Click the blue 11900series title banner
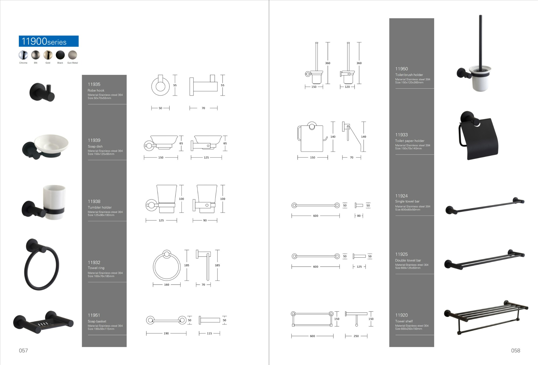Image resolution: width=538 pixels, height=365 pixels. (x=49, y=41)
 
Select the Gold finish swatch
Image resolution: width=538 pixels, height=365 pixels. (x=48, y=55)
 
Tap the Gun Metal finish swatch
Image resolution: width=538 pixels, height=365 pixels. (x=72, y=55)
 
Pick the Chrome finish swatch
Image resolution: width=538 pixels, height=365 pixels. (x=23, y=55)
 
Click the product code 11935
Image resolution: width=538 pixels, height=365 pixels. (x=94, y=84)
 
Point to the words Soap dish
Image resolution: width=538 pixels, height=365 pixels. (x=95, y=146)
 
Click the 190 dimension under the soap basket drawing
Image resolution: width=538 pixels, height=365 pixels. (x=166, y=333)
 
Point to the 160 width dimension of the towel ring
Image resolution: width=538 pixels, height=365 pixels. (x=167, y=285)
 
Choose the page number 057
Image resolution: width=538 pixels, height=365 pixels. (x=23, y=350)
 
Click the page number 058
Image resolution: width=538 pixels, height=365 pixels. (x=515, y=350)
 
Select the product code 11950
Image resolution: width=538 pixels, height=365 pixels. (x=401, y=69)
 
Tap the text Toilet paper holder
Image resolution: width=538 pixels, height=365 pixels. (x=410, y=141)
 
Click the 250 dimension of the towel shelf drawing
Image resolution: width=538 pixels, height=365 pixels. (x=356, y=336)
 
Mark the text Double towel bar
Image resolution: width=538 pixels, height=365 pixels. (x=408, y=260)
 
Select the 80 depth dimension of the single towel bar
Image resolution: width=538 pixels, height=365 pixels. (x=359, y=216)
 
